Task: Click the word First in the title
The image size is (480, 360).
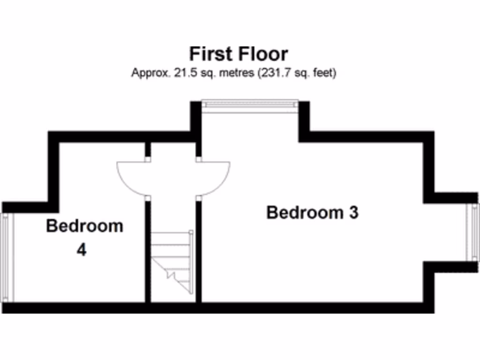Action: pos(210,54)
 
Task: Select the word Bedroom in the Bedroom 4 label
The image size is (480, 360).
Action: pos(84,226)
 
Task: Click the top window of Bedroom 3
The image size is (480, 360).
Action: pos(250,106)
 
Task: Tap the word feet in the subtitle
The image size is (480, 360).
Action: pos(324,74)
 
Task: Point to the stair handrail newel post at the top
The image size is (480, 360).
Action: pos(191,232)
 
